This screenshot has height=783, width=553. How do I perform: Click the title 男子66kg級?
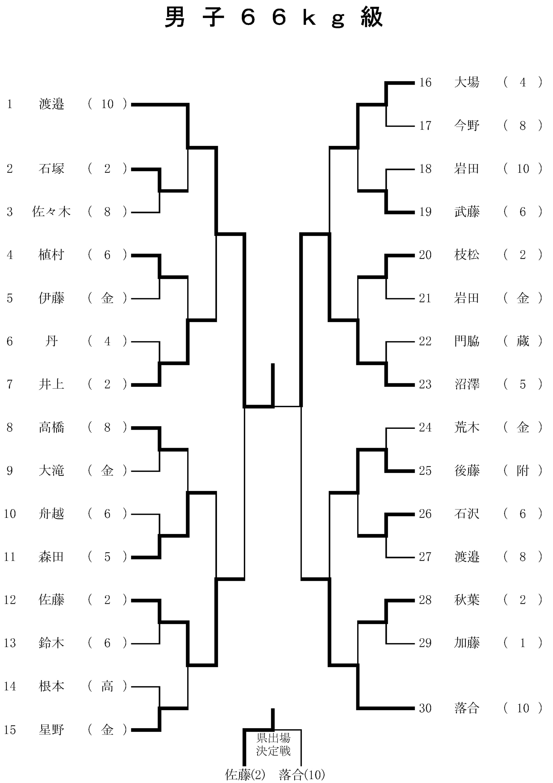coord(274,18)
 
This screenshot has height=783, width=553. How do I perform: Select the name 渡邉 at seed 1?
coord(51,104)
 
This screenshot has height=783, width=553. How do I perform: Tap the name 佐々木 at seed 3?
coord(51,212)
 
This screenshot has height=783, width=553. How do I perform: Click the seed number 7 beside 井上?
coord(9,384)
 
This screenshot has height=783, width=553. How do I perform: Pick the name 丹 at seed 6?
coord(51,341)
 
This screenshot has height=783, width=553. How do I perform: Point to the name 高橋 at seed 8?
coord(51,427)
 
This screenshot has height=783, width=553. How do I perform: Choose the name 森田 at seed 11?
coord(51,557)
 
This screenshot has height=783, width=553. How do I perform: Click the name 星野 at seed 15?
coord(51,730)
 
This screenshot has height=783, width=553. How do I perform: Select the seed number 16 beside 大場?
coord(425,83)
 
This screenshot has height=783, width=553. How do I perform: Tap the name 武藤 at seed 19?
coord(467,212)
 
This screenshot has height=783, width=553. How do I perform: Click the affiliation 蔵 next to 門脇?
coord(523,341)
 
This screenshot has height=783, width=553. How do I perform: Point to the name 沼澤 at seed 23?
coord(467,384)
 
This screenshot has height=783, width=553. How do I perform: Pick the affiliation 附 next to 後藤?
coord(523,471)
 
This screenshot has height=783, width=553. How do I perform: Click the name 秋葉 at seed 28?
coord(467,600)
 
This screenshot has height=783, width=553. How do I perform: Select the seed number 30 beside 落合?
coord(425,708)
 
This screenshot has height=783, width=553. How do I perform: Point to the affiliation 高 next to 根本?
coord(107,686)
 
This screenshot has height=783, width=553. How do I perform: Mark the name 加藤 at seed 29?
coord(467,643)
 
